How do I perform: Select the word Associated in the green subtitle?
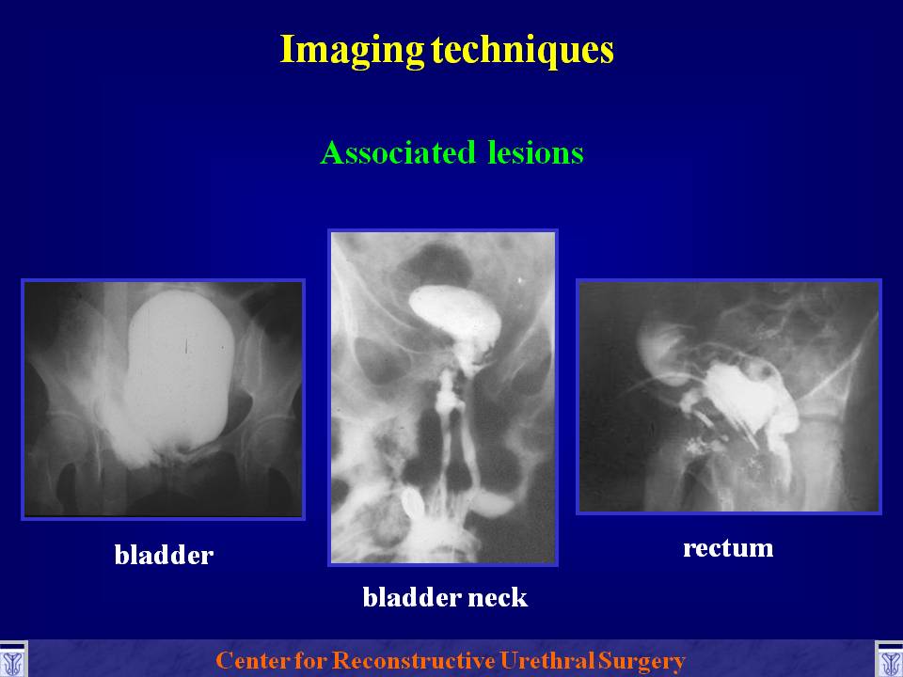pos(398,152)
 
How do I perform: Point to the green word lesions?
pos(535,152)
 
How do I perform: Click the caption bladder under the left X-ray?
pos(164,555)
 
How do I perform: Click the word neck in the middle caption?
pos(498,597)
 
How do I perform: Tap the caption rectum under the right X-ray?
pos(728,547)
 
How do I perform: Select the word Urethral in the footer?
pos(547,660)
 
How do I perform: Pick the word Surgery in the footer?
pos(642,661)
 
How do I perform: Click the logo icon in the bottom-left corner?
pos(13,659)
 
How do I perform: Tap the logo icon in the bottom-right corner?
pos(889,659)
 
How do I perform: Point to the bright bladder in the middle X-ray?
pos(455,317)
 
